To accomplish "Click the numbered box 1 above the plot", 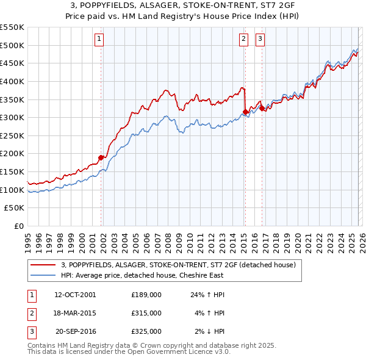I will [99, 40].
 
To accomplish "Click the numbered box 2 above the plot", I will [243, 40].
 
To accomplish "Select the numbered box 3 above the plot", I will [260, 40].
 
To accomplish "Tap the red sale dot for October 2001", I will [101, 157].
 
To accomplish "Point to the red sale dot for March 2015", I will [245, 112].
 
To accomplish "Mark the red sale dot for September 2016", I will [262, 108].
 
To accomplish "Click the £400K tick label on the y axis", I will [12, 81].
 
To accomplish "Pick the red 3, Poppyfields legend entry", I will [178, 265].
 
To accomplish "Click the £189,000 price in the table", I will [146, 295].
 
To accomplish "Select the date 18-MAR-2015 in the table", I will [75, 313].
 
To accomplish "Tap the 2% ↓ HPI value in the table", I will [210, 331].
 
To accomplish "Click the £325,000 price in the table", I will [146, 331].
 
